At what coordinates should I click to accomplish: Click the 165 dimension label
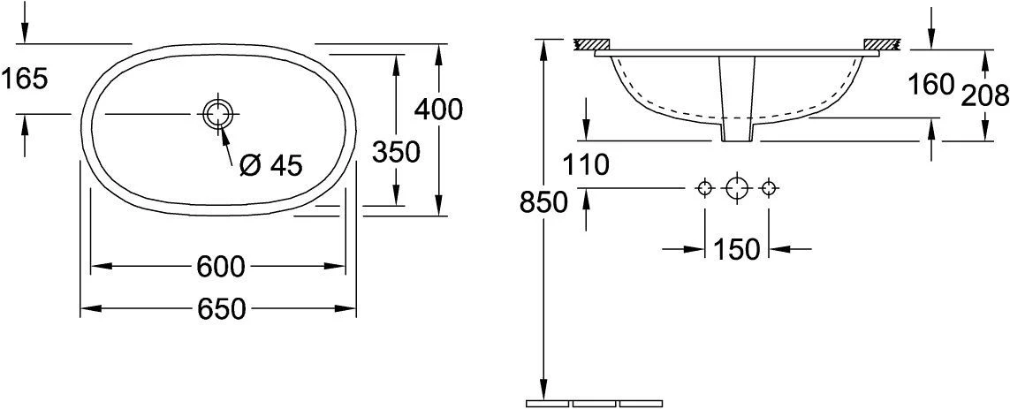(x=25, y=80)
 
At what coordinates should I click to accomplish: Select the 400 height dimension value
(x=438, y=110)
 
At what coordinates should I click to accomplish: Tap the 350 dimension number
(x=396, y=152)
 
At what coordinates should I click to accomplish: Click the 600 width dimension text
(x=221, y=266)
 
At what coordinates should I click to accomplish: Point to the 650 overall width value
(x=222, y=310)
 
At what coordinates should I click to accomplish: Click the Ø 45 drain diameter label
(x=270, y=166)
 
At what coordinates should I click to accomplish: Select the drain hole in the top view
(x=218, y=114)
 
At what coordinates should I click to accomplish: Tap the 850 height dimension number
(x=543, y=203)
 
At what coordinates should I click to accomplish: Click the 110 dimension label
(x=586, y=165)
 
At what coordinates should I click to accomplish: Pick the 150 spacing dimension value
(x=737, y=249)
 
